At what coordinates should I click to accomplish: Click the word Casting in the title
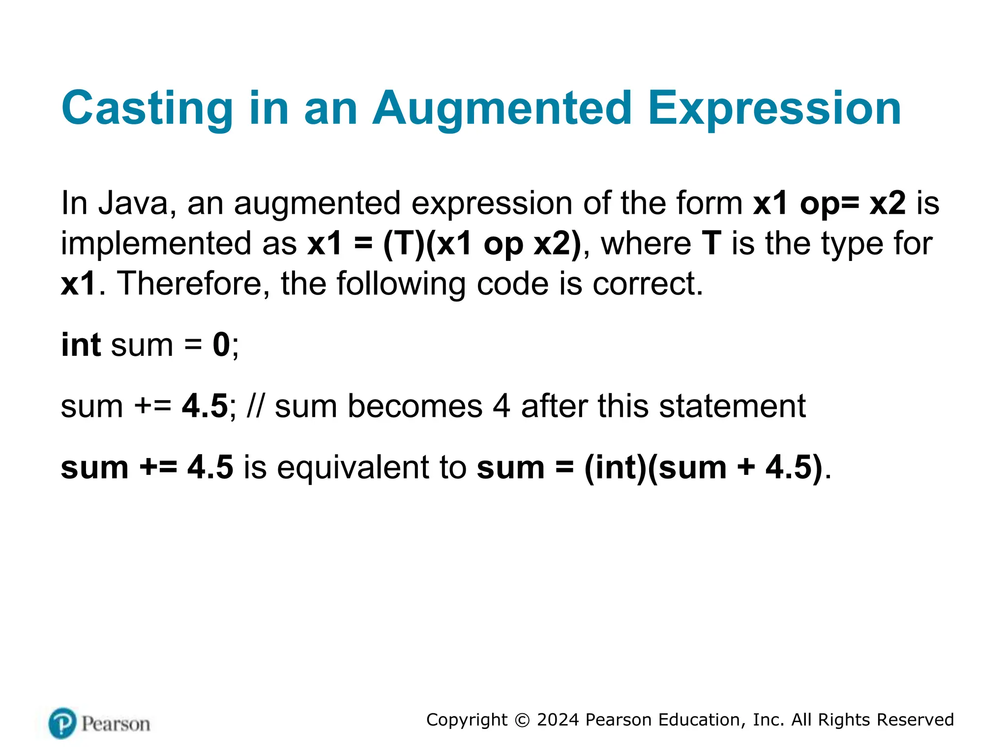(147, 108)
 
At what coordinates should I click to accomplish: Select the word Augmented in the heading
(502, 108)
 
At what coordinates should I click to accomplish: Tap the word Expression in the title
(774, 108)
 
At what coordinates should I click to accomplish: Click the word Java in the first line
(133, 203)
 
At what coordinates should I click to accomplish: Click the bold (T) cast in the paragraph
(404, 243)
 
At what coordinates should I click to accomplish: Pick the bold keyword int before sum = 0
(81, 345)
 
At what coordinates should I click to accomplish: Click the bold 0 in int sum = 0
(221, 345)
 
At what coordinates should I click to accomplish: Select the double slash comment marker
(256, 406)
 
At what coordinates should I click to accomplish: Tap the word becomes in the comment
(415, 406)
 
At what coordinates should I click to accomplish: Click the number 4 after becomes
(501, 406)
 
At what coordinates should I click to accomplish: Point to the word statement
(732, 406)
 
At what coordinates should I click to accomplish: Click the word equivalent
(354, 467)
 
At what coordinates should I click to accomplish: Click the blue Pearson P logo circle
(62, 723)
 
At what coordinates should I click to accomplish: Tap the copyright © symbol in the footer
(522, 720)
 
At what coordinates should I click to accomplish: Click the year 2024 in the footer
(558, 720)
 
